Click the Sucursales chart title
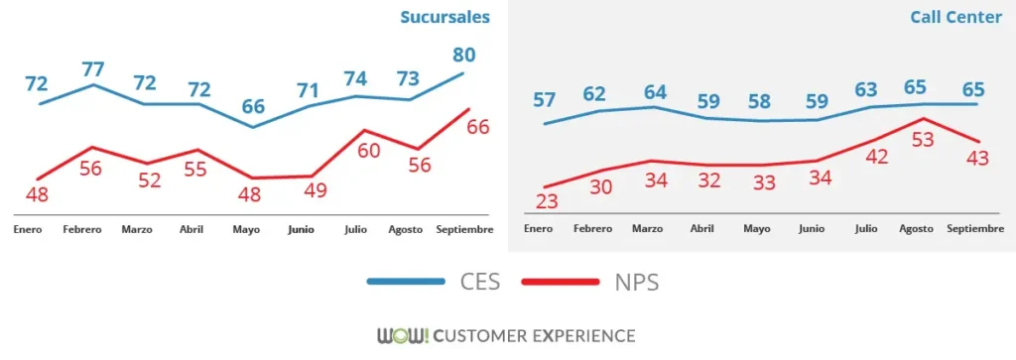coord(445,17)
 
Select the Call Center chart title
coord(956,18)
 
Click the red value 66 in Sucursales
coord(478,126)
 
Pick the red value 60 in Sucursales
coord(369,151)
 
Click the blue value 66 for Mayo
coord(254,106)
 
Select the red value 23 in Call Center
coord(547,200)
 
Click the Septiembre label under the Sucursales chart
coord(464,229)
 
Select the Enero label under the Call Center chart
coord(537,229)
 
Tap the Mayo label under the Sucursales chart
coord(246,229)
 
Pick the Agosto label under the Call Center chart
coord(916,229)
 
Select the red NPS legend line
coord(563,283)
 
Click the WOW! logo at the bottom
coord(403,335)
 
